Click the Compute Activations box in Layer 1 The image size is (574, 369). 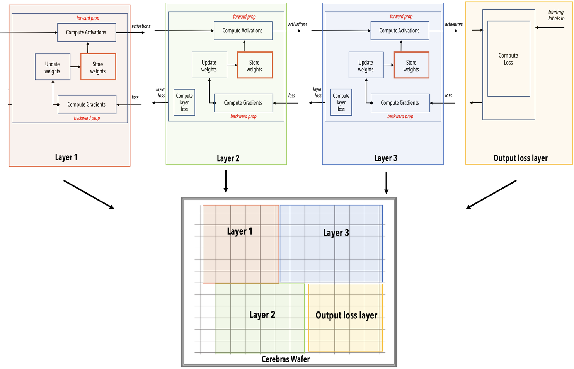(87, 32)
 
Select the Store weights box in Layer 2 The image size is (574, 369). (255, 65)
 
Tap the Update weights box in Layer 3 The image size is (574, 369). (366, 65)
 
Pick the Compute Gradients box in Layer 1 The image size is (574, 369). (87, 104)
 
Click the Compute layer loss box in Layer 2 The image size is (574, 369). (184, 102)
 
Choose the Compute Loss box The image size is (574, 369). (509, 59)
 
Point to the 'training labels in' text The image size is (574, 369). (556, 15)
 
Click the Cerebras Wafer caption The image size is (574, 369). (286, 359)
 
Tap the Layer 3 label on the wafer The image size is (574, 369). (336, 233)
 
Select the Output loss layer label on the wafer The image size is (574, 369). (346, 315)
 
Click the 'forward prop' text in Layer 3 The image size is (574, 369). (401, 16)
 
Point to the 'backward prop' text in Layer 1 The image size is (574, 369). (87, 118)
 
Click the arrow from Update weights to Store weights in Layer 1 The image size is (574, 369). (75, 67)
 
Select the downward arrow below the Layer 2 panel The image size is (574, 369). (225, 181)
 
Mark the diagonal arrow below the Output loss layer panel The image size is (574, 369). (491, 195)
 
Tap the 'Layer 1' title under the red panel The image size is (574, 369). (66, 157)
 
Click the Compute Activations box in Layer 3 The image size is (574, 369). (400, 31)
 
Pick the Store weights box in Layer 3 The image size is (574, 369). (412, 65)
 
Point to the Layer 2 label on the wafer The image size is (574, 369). (262, 315)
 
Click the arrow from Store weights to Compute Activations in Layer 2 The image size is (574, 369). (244, 46)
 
